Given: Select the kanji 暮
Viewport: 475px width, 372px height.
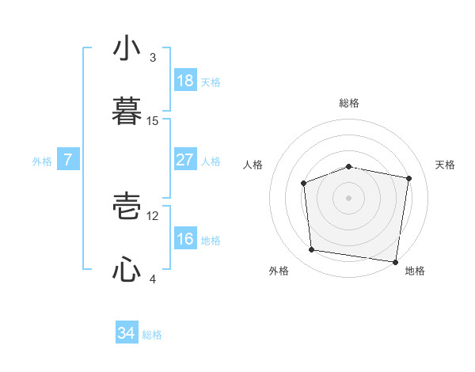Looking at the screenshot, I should [127, 110].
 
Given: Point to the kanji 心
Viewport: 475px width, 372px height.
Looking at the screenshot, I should [127, 269].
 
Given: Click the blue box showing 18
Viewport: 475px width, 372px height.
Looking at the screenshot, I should [184, 81].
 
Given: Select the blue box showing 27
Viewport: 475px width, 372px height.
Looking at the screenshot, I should [184, 160].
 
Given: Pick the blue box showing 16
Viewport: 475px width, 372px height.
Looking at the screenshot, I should [184, 239].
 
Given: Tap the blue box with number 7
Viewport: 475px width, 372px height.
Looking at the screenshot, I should [68, 160].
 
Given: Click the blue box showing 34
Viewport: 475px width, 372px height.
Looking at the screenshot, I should [126, 333].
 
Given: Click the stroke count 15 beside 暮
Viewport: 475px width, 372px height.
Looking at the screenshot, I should [153, 121].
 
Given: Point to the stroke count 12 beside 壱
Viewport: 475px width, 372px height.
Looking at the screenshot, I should [153, 215].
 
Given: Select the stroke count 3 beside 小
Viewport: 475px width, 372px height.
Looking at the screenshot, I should [153, 58].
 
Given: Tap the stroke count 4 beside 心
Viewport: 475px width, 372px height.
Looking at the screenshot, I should [153, 279].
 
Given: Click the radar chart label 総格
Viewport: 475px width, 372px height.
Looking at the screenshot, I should [349, 103].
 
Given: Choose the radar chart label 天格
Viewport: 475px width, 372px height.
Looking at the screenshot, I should [445, 165].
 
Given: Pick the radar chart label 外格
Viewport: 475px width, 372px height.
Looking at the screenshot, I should [279, 271].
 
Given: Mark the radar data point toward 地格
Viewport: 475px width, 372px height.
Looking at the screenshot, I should [395, 261].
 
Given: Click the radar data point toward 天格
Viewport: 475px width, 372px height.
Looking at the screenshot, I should [408, 178].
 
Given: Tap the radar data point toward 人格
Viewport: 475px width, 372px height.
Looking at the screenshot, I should [304, 184].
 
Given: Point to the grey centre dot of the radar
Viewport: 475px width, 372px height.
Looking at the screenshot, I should [348, 197].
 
